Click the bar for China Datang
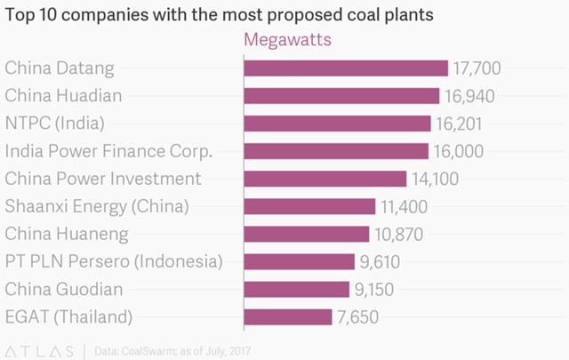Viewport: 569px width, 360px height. pyautogui.click(x=345, y=68)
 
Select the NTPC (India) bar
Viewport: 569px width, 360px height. pyautogui.click(x=337, y=124)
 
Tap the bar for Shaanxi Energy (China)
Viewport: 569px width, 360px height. pyautogui.click(x=309, y=206)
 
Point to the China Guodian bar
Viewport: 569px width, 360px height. pyautogui.click(x=296, y=289)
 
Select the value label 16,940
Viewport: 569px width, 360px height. pyautogui.click(x=469, y=96)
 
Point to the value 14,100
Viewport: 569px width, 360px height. pyautogui.click(x=434, y=179)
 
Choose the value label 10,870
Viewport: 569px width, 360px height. pyautogui.click(x=398, y=235)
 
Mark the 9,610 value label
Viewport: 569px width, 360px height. pyautogui.click(x=385, y=262)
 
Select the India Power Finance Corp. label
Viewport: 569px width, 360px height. pyautogui.click(x=108, y=151)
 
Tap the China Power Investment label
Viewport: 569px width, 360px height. pyautogui.click(x=103, y=179)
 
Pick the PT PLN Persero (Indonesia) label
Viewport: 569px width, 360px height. pyautogui.click(x=112, y=262)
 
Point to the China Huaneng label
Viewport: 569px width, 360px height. pyautogui.click(x=67, y=235)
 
